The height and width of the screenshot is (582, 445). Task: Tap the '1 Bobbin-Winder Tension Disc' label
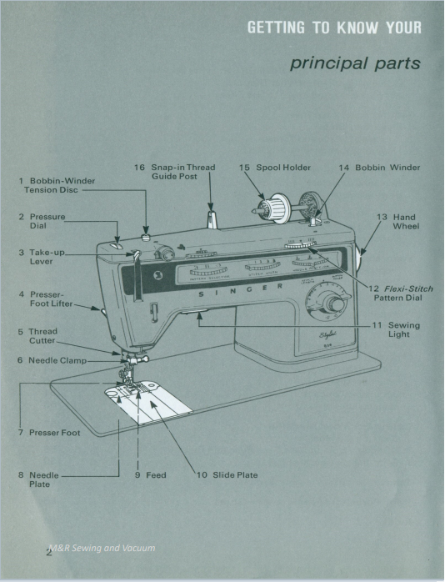click(x=57, y=185)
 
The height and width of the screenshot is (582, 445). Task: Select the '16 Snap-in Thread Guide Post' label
click(x=175, y=172)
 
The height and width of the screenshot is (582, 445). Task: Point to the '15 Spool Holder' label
click(x=274, y=168)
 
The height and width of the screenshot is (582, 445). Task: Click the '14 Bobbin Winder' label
click(x=378, y=168)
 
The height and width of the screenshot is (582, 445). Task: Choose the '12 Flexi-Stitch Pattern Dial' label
click(x=402, y=293)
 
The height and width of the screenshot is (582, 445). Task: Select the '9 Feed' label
click(x=150, y=475)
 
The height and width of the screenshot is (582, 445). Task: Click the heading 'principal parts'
click(x=355, y=64)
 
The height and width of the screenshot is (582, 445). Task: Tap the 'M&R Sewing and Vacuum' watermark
click(x=101, y=548)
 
